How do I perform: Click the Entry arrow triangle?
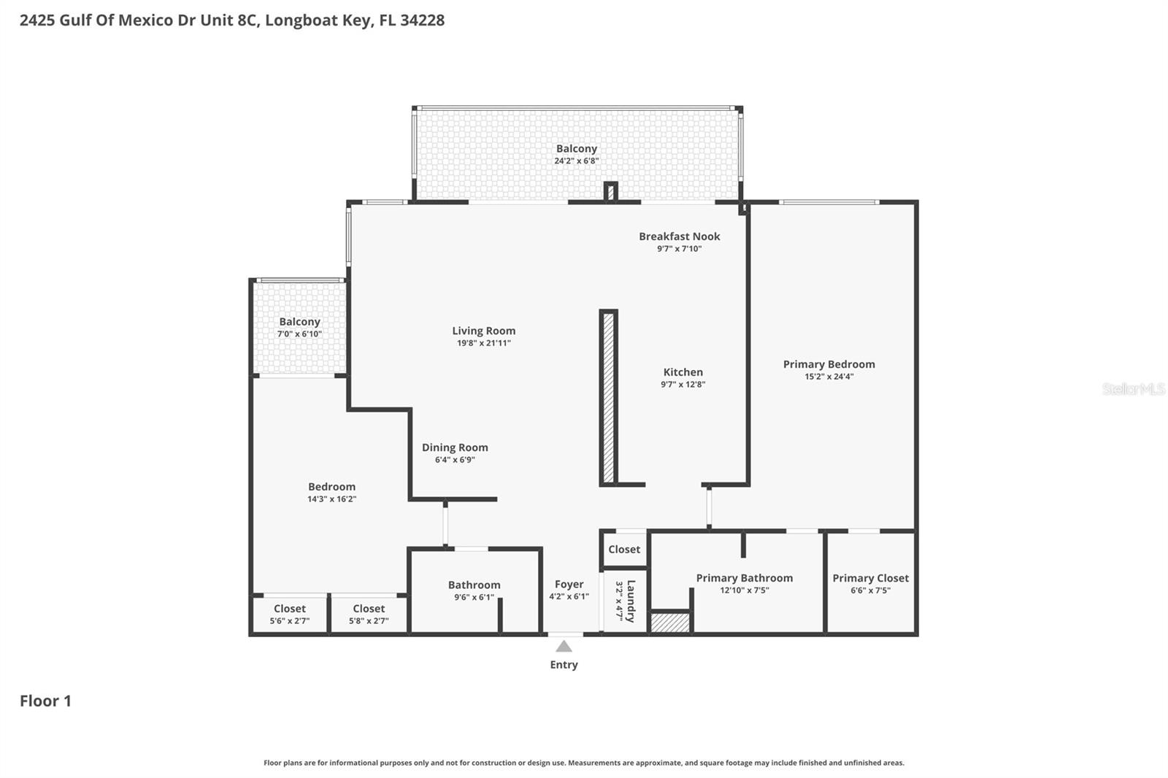point(564,647)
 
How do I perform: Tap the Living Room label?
point(483,331)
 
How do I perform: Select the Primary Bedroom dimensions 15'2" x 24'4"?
point(829,377)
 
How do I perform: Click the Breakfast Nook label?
point(679,236)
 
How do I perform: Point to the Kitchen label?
point(683,372)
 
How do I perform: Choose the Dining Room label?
point(455,447)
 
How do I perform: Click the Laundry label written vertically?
point(631,600)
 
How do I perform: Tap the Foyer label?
point(569,584)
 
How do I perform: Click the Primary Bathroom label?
point(744,578)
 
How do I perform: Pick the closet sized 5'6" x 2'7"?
point(290,614)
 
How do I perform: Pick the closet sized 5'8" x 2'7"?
point(369,614)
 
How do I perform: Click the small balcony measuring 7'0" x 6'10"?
point(299,327)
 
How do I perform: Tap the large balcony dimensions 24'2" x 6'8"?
point(576,161)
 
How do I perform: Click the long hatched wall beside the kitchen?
point(608,398)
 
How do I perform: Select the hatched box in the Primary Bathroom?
point(670,623)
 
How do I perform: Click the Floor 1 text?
point(45,701)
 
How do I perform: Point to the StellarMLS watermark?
point(1133,389)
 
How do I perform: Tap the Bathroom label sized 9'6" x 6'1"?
point(474,585)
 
